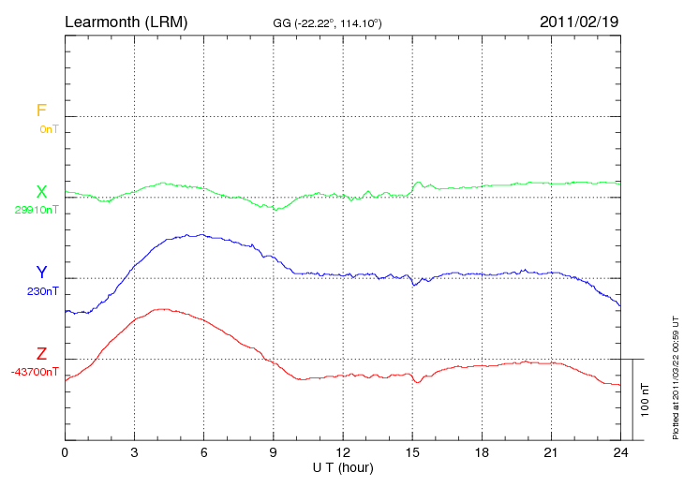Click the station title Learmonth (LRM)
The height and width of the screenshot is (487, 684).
126,21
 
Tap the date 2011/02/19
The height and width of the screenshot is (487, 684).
579,21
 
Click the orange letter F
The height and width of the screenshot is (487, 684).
41,111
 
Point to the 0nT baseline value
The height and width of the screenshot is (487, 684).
49,129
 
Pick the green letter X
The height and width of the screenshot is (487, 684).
41,192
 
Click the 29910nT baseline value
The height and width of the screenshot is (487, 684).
37,210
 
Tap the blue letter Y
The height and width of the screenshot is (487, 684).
41,273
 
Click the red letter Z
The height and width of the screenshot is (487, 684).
41,354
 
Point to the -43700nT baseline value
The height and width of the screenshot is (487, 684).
36,372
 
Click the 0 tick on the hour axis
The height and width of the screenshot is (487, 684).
65,452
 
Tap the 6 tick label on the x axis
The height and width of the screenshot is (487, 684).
204,452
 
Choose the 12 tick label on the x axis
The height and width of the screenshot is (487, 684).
343,452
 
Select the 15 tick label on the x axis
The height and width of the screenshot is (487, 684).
412,452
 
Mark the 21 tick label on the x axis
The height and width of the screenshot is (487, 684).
551,452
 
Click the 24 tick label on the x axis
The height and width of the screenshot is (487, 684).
620,452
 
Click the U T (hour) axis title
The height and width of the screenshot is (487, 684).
343,466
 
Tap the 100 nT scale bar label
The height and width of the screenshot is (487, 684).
646,399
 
